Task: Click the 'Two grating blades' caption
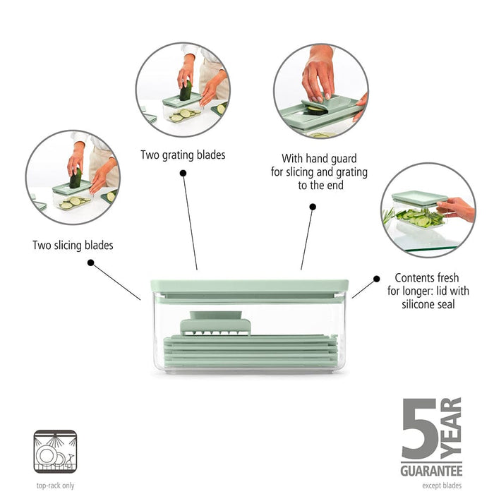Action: click(x=183, y=155)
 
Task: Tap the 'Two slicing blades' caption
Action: click(x=73, y=246)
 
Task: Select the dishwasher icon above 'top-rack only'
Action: click(x=55, y=452)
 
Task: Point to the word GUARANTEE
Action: click(x=430, y=470)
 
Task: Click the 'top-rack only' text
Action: click(x=55, y=485)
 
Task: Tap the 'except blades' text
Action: click(x=442, y=485)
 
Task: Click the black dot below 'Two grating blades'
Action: click(x=183, y=172)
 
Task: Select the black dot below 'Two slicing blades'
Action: click(x=90, y=263)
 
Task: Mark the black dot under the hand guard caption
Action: click(x=313, y=207)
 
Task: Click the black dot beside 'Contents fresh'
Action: click(x=376, y=279)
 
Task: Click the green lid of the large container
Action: click(x=250, y=286)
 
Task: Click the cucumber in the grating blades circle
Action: click(x=186, y=91)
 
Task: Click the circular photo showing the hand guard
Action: click(x=320, y=90)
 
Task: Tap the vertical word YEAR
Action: click(x=452, y=428)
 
